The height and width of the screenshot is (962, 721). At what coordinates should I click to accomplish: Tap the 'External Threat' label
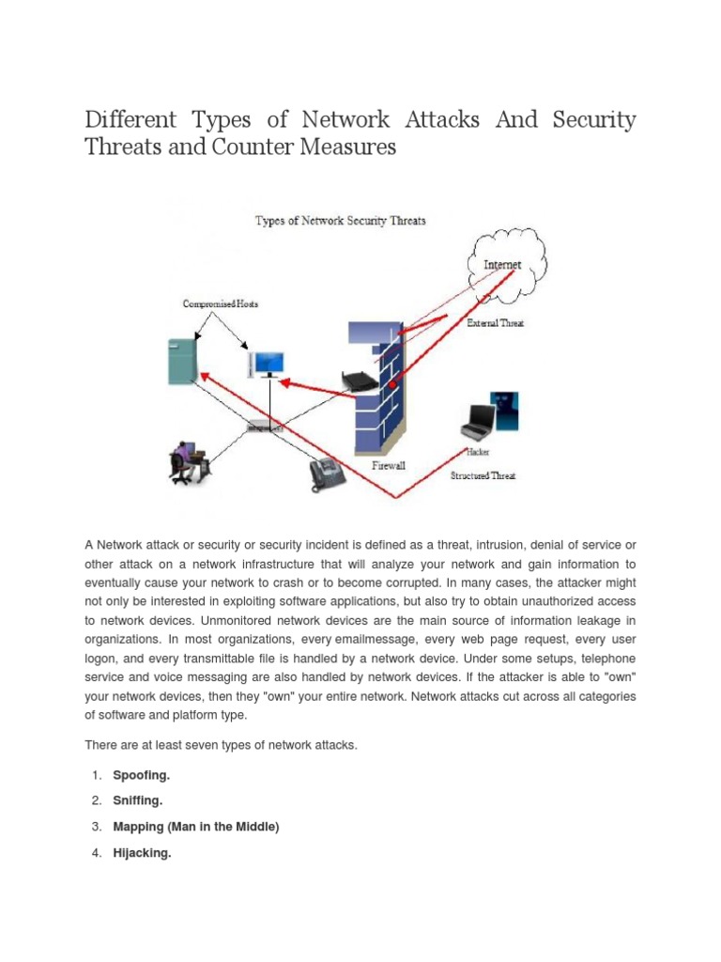(495, 323)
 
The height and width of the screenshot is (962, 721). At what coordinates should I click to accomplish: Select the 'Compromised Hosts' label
(220, 304)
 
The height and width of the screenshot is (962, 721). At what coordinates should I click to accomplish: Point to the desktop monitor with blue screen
(268, 361)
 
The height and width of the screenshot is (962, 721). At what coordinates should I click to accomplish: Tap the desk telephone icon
(328, 474)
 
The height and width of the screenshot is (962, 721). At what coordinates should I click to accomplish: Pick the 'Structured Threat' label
(484, 476)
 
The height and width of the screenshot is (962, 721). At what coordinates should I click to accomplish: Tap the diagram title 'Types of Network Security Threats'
(342, 221)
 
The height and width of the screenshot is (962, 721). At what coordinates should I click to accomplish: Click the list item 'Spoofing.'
(142, 775)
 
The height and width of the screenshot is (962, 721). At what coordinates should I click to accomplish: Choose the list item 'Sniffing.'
(138, 801)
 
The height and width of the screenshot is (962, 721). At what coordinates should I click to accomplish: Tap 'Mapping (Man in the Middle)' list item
(196, 828)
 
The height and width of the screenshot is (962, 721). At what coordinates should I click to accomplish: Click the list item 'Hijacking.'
(142, 854)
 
